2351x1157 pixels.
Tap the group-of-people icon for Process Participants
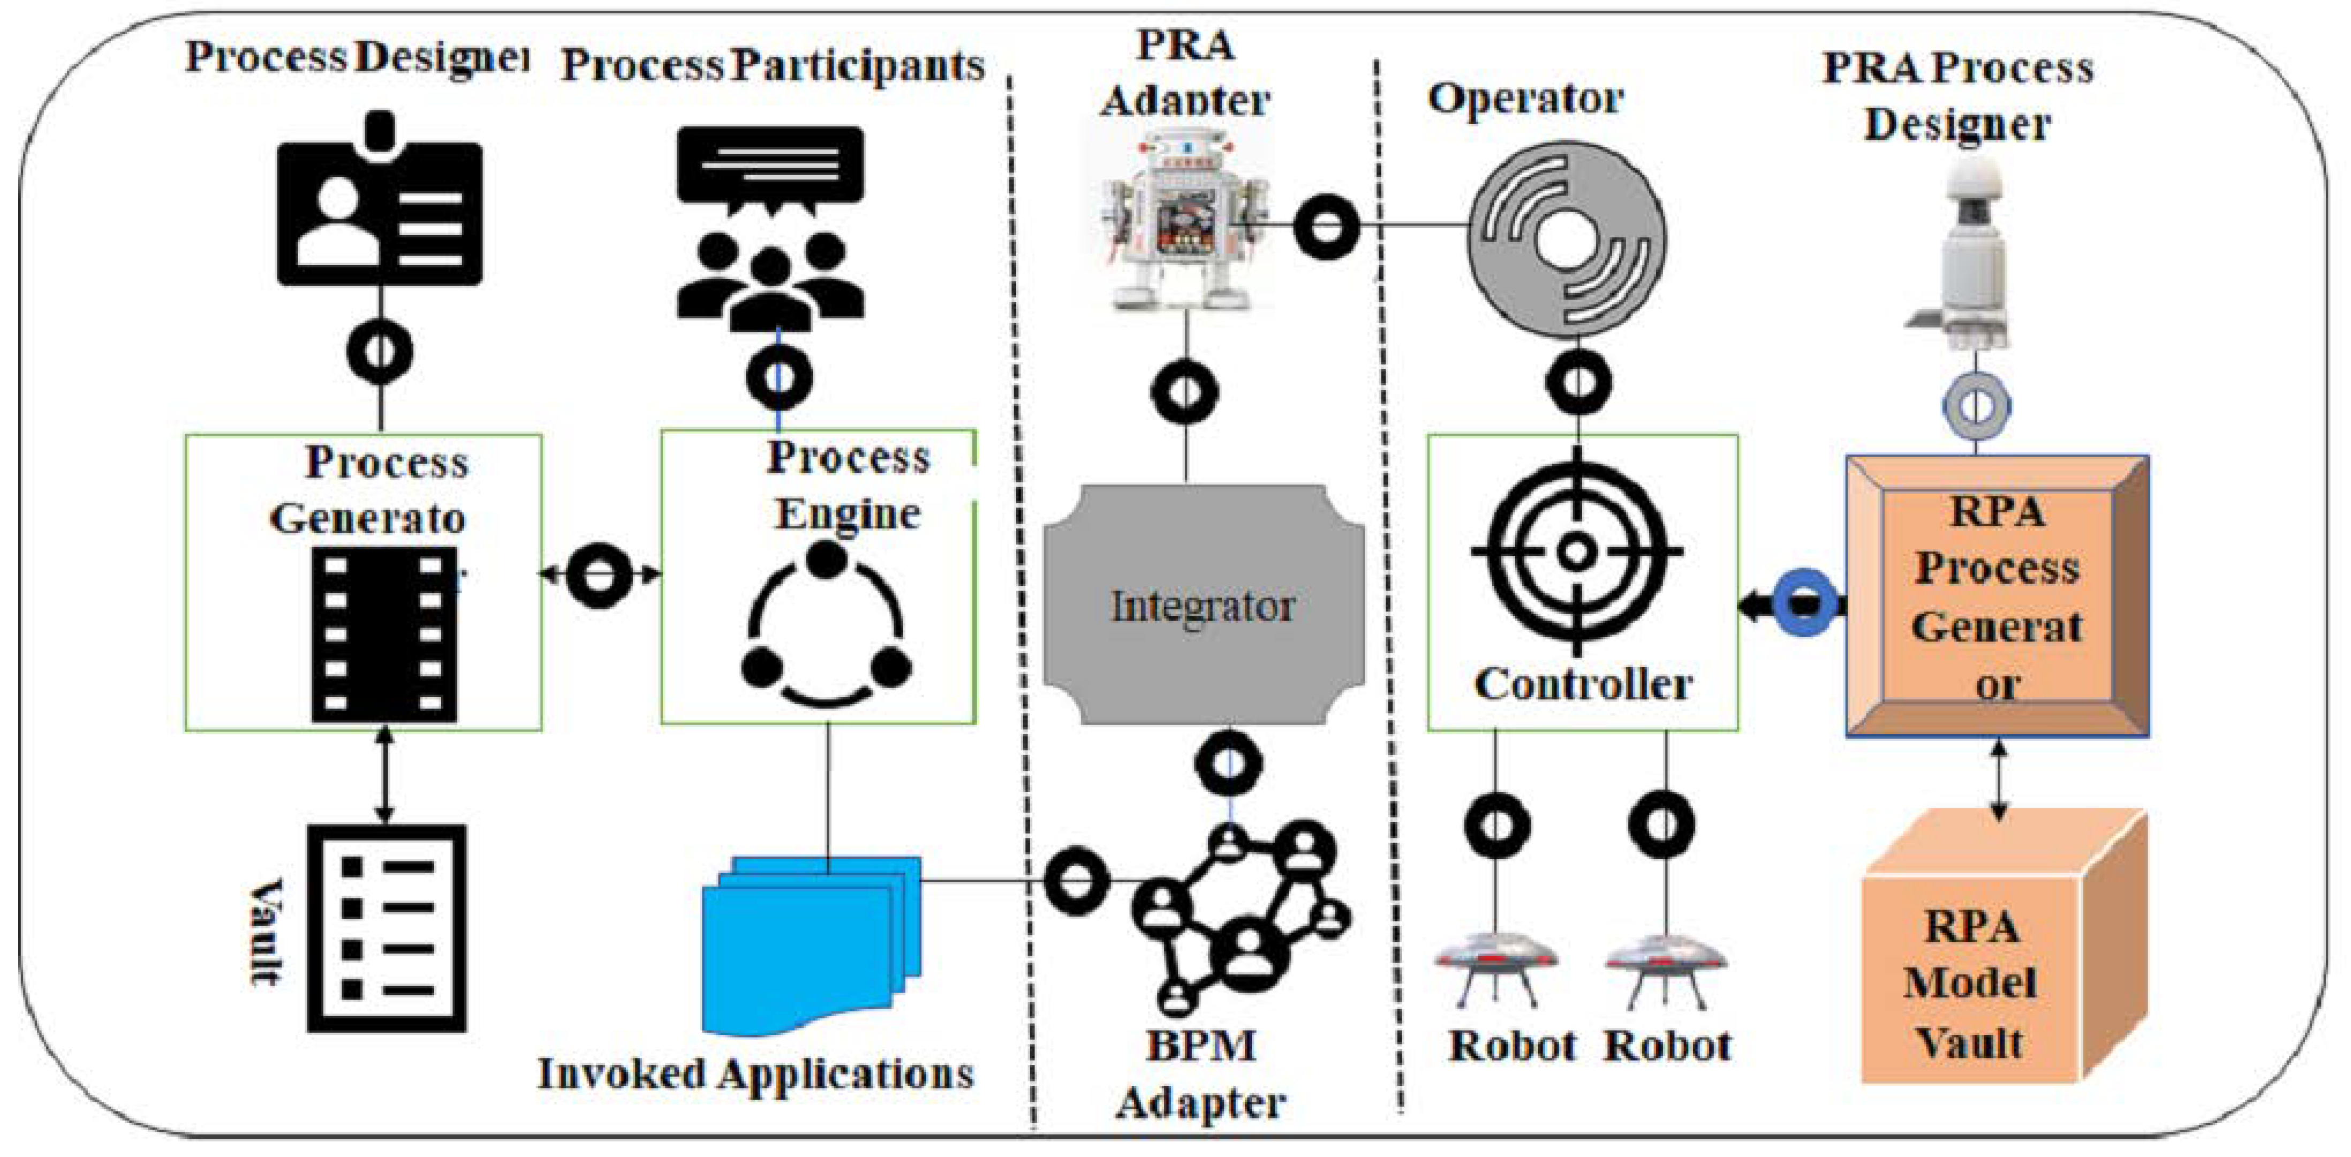tap(770, 228)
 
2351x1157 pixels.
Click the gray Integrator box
tap(1203, 605)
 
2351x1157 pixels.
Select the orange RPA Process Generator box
tap(1997, 596)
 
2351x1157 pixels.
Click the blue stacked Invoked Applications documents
tap(811, 944)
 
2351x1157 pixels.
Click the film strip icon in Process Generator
tap(383, 634)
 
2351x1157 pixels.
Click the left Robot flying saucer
tap(1495, 968)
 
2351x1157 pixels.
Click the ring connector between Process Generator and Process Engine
tap(599, 575)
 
